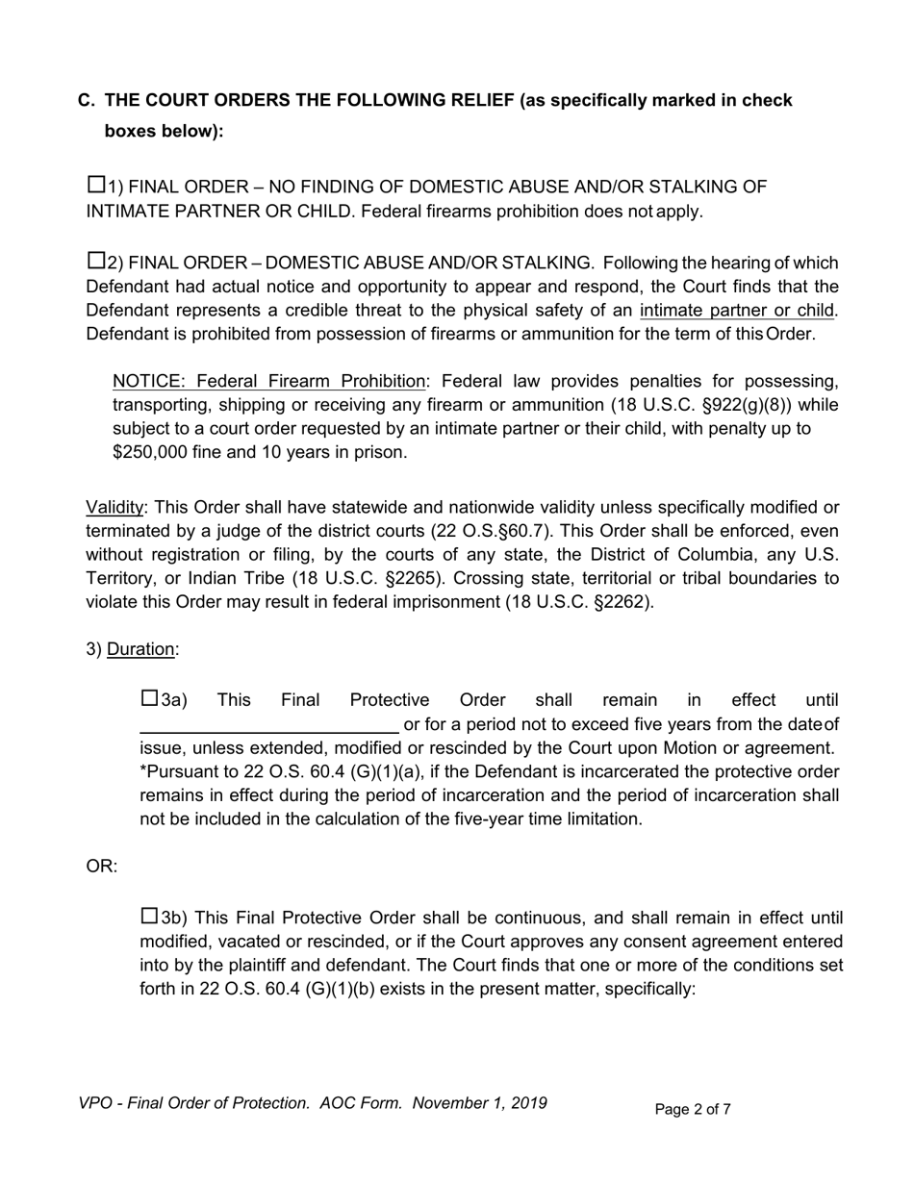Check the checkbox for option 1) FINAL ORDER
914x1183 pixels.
pos(95,185)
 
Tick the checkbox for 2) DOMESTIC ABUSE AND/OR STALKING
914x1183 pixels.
pos(95,261)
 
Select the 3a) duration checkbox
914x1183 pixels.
pos(149,698)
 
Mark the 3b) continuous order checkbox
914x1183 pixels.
pos(149,916)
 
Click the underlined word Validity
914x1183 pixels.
pos(114,507)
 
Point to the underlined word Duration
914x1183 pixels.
pos(140,649)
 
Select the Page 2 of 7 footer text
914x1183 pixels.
pos(693,1110)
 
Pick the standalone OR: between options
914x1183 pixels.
pos(102,867)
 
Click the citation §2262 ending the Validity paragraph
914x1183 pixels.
pos(621,602)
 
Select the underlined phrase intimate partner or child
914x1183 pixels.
pos(738,310)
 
